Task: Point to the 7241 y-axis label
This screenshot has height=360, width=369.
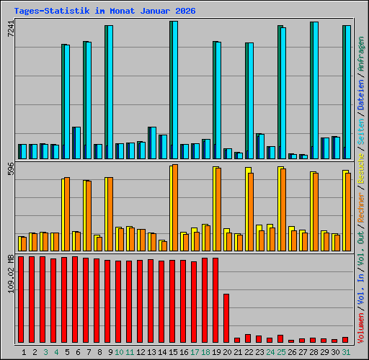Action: click(x=11, y=30)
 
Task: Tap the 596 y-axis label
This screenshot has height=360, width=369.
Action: click(x=11, y=169)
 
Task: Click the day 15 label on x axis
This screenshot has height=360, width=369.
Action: click(x=173, y=351)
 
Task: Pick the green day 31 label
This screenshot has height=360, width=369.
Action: click(x=346, y=351)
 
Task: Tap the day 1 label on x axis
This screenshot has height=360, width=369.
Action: click(x=25, y=351)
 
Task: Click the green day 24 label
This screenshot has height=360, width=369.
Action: click(x=270, y=351)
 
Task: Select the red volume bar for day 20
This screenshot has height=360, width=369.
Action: click(x=226, y=318)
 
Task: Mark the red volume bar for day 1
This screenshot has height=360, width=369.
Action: click(x=21, y=299)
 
